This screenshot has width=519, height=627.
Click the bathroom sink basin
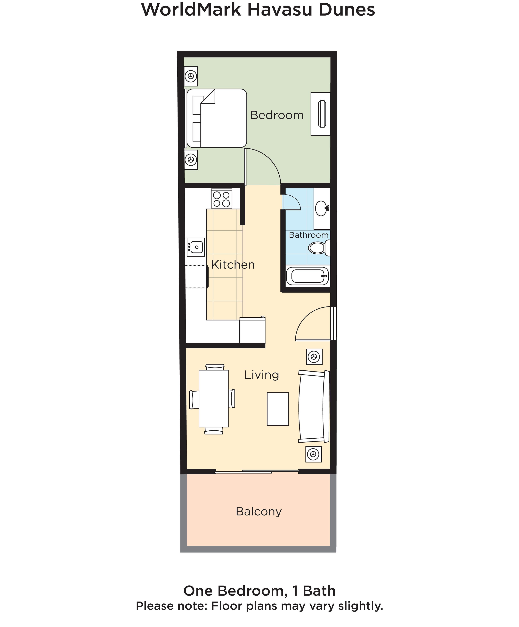coord(321,208)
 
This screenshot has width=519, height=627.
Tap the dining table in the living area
coord(213,399)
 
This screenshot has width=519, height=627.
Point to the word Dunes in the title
coord(346,10)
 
